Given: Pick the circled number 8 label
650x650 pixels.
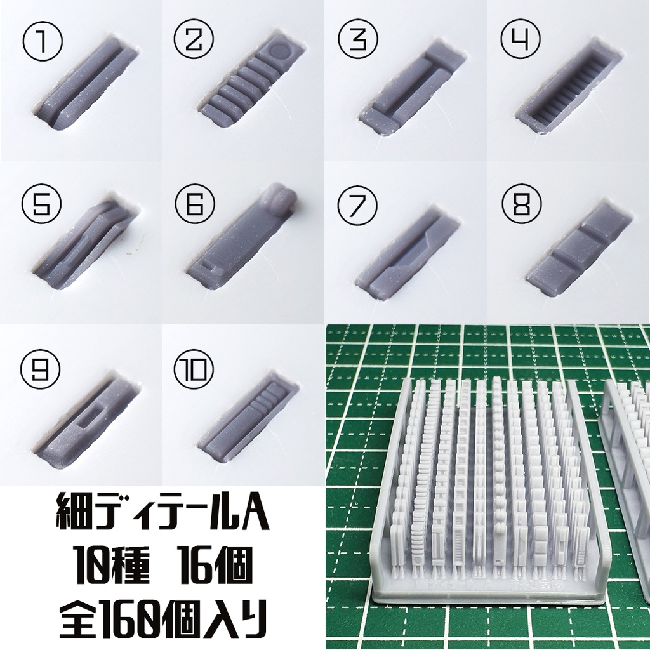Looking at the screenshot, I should pyautogui.click(x=520, y=204).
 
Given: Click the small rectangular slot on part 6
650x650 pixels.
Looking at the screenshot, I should pyautogui.click(x=208, y=268).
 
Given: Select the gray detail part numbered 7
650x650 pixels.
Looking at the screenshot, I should pyautogui.click(x=406, y=251).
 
